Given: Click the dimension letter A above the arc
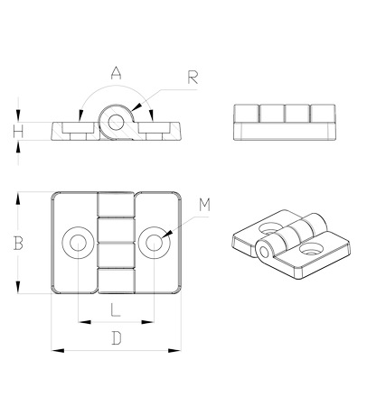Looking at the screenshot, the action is [x=116, y=73].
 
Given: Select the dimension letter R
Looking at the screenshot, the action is [x=193, y=78].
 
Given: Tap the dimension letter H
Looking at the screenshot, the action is [x=18, y=132].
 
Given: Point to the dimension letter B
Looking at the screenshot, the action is [x=18, y=243].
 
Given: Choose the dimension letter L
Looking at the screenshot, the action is [x=116, y=309].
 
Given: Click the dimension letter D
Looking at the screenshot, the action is [x=117, y=338].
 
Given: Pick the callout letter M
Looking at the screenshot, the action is [x=204, y=205].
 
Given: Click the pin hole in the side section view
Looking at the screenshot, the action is [x=116, y=123].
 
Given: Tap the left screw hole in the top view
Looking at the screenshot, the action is [x=78, y=243].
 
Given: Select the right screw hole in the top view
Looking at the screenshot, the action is [x=154, y=243].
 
